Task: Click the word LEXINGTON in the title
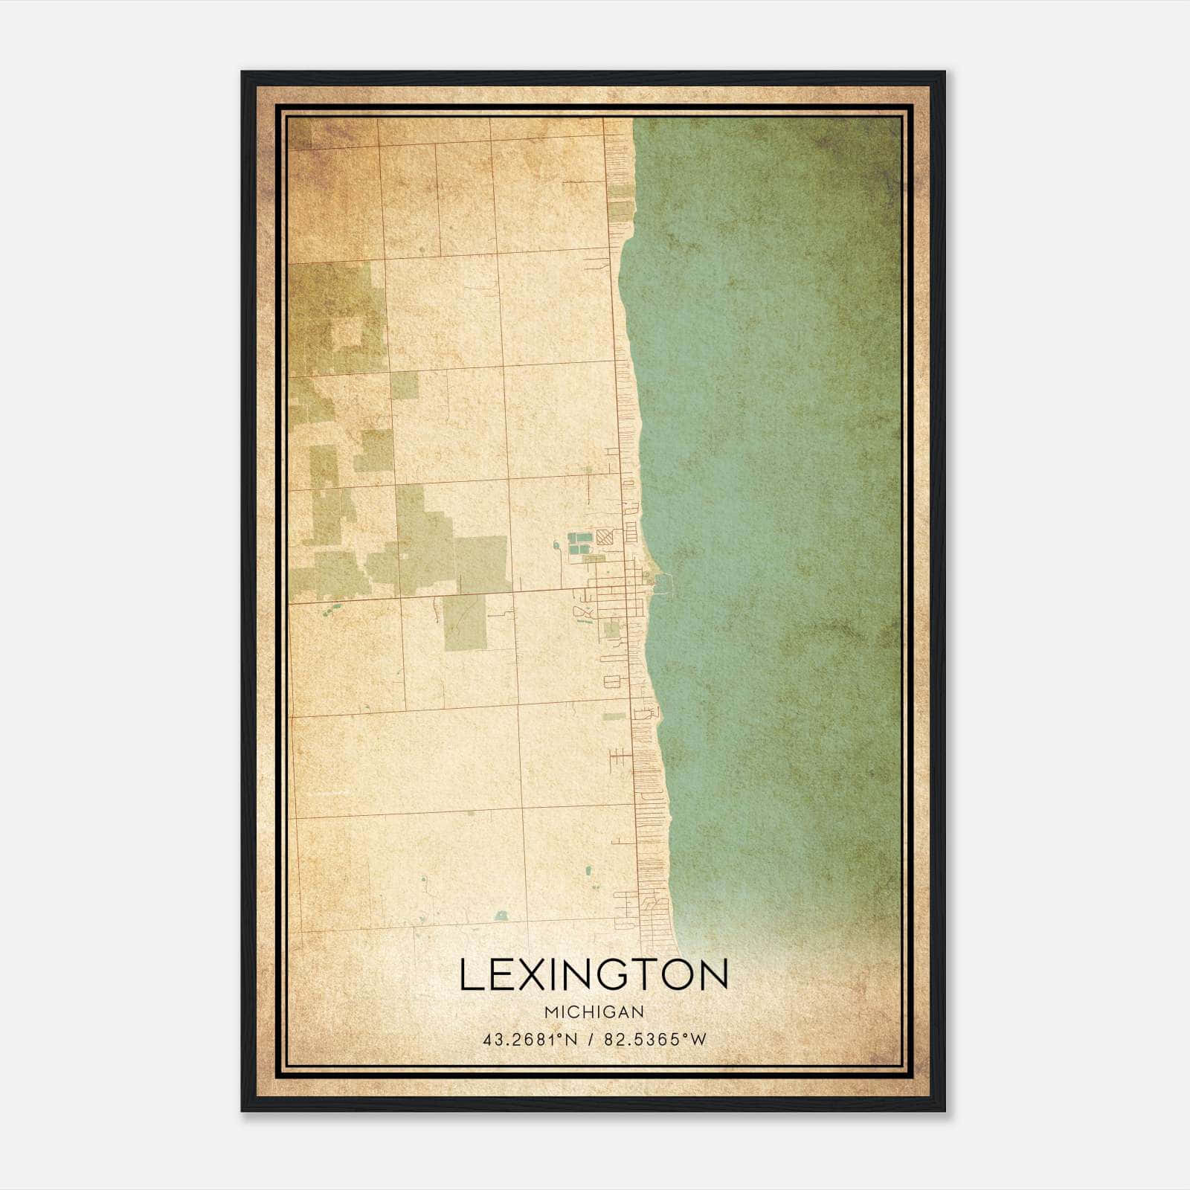(x=594, y=975)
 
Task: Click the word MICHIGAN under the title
(x=594, y=1011)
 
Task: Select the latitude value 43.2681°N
(x=530, y=1040)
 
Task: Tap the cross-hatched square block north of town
(x=605, y=537)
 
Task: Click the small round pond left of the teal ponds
(x=556, y=547)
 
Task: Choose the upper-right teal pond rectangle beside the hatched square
(x=583, y=536)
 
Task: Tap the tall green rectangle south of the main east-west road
(x=464, y=623)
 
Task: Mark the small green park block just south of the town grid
(x=611, y=631)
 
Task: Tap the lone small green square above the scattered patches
(x=403, y=385)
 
